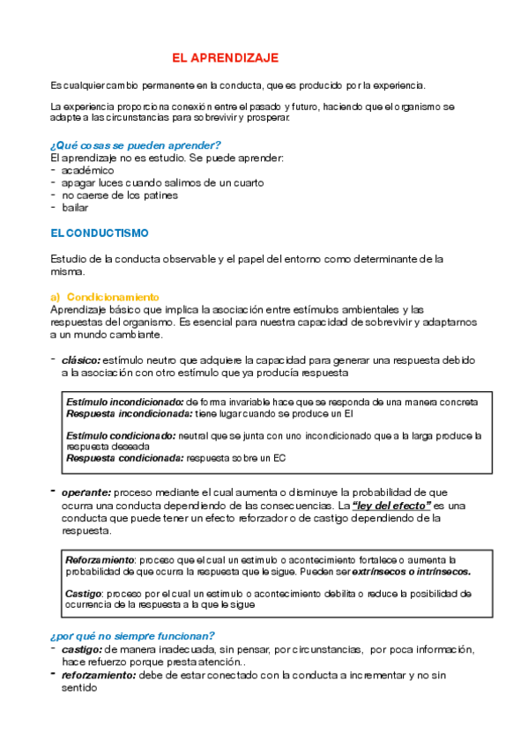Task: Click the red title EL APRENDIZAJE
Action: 225,58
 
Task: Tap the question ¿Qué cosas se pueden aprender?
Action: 136,144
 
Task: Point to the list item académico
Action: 88,170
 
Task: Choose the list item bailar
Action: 75,208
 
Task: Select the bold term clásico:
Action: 81,360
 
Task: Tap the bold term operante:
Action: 86,492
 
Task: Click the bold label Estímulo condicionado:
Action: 121,435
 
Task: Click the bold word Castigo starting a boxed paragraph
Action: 83,594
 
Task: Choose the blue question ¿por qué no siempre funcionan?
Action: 132,636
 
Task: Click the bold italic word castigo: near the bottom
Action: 81,649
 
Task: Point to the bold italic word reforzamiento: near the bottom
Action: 98,675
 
